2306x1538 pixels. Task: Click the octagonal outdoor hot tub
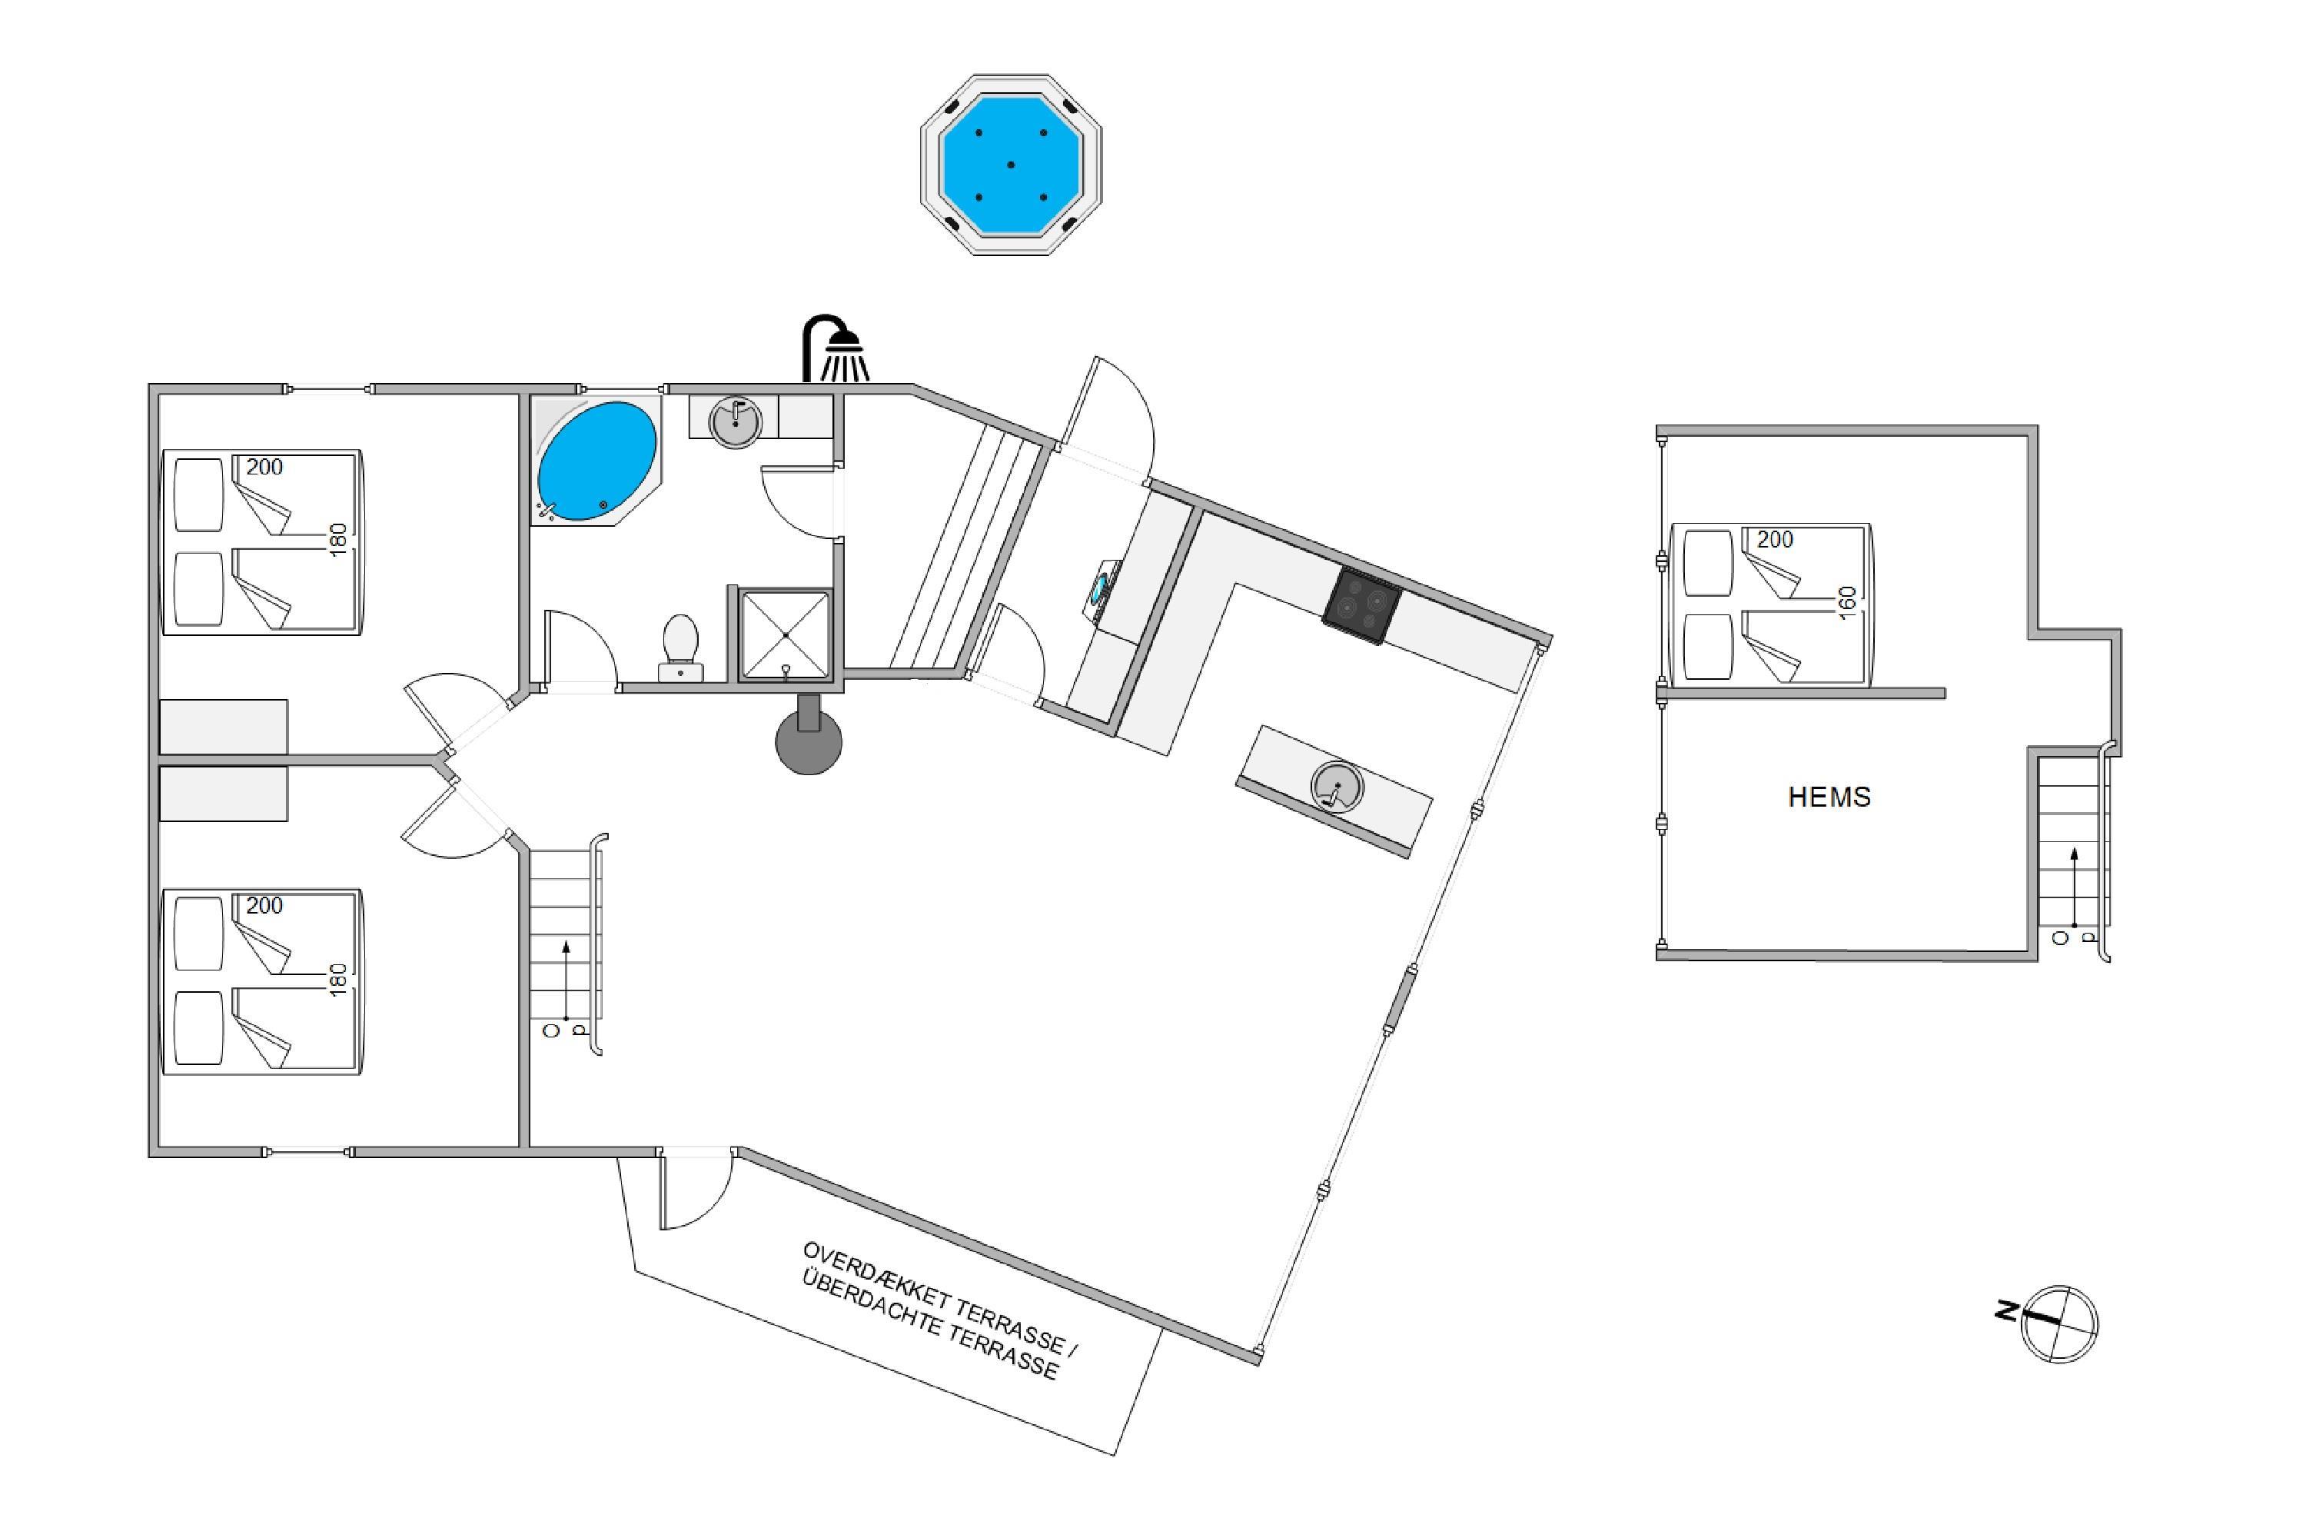click(1011, 165)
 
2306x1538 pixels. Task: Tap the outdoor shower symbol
click(836, 348)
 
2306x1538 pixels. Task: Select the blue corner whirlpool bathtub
click(597, 460)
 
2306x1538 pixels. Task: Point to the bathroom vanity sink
click(734, 421)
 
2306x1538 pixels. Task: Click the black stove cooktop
click(1361, 605)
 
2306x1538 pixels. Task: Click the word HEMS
click(1829, 797)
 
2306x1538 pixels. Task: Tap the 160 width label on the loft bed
click(1847, 602)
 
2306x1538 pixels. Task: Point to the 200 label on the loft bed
click(1775, 540)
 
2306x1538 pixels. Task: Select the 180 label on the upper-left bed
click(338, 541)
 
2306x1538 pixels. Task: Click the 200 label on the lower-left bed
click(264, 905)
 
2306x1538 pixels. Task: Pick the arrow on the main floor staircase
click(566, 981)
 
